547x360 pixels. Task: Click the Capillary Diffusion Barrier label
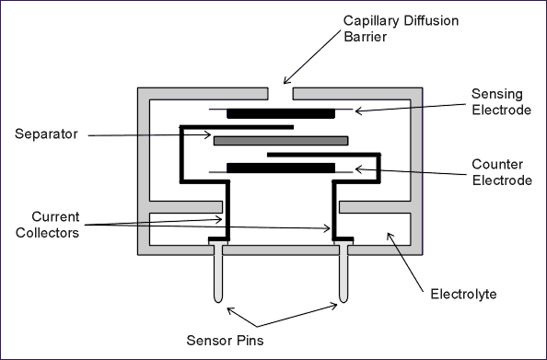tap(401, 29)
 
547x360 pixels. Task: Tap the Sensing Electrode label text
tap(501, 102)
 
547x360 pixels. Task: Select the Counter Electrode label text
tap(502, 172)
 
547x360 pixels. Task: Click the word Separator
tap(46, 134)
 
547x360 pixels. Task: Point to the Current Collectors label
tap(48, 225)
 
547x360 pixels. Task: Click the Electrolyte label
tap(463, 294)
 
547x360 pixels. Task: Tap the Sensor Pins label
tap(225, 340)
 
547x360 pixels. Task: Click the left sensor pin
tap(218, 273)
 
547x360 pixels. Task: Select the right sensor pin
tap(343, 273)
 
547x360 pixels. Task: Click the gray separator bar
tap(281, 141)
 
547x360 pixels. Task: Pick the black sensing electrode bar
tap(281, 114)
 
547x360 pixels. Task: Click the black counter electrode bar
tap(281, 168)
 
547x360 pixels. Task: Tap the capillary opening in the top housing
tap(281, 94)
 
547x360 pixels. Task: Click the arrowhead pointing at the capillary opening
tap(286, 81)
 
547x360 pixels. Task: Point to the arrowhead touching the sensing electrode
tap(358, 110)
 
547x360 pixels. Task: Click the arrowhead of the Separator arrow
tap(208, 134)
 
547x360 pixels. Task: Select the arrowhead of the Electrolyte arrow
tap(390, 236)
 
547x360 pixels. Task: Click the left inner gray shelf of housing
tap(186, 207)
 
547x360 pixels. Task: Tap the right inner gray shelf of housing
tap(375, 207)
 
